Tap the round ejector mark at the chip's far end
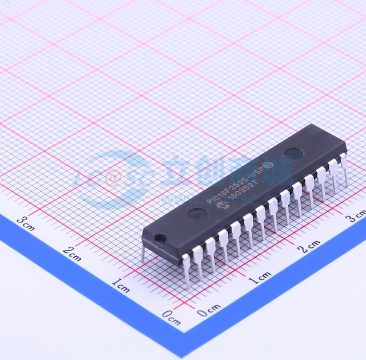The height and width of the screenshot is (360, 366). click(293, 153)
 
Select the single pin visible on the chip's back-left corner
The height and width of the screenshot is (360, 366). click(143, 252)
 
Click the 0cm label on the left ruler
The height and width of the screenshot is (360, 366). click(171, 314)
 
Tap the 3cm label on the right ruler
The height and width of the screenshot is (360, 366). click(356, 217)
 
